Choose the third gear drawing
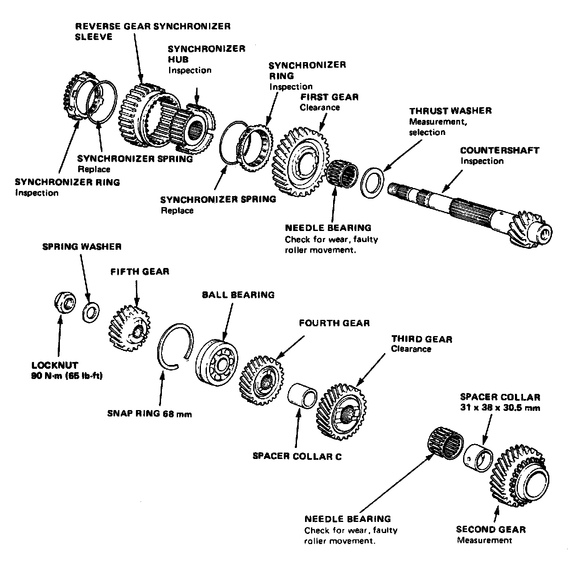click(341, 413)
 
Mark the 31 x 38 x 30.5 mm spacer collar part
click(479, 458)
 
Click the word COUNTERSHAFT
click(500, 151)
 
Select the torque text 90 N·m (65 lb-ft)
click(67, 376)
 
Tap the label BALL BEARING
click(238, 294)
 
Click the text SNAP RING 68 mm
click(150, 413)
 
